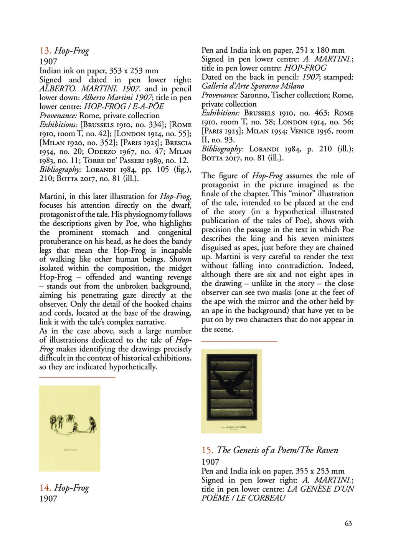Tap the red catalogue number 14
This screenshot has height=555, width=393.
point(45,488)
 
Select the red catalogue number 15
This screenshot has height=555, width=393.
point(207,450)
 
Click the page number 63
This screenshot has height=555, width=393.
point(348,523)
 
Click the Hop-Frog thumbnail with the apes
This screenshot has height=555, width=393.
point(69,428)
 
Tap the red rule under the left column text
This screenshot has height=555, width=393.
point(77,377)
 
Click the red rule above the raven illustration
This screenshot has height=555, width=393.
point(239,341)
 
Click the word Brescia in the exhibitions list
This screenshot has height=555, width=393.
point(178,143)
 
